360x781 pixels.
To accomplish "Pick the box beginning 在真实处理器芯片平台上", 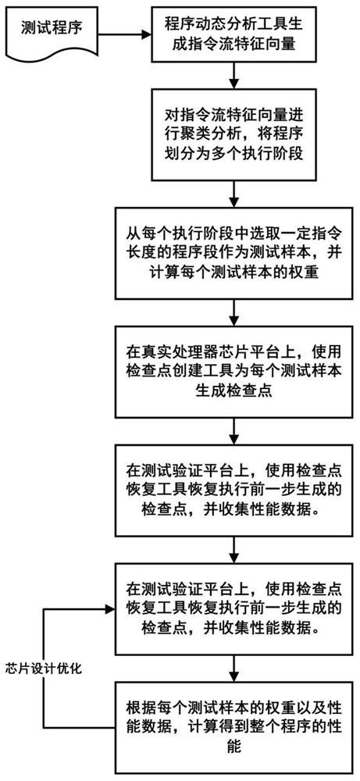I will (232, 377).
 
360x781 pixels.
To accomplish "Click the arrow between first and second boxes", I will (232, 75).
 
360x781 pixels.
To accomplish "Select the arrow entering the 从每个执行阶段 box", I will (232, 193).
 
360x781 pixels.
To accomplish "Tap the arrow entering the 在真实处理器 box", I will (232, 320).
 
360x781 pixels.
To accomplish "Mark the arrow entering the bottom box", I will (232, 668).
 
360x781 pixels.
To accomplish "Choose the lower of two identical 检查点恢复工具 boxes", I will (232, 608).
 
